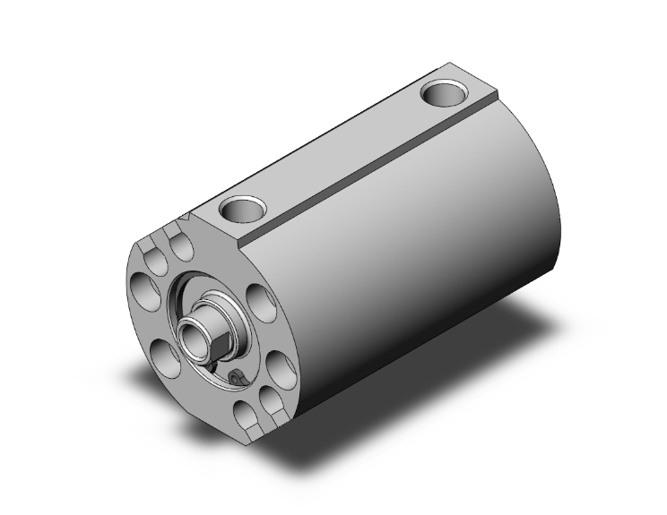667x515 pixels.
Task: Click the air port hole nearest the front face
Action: point(239,210)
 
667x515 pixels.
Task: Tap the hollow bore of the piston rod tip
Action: point(194,338)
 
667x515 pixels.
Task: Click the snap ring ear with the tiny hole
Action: point(236,378)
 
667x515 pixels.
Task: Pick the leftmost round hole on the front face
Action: point(143,289)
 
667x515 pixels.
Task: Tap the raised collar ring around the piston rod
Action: point(219,310)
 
